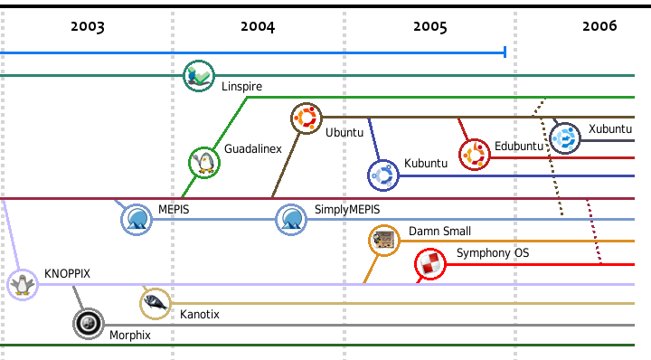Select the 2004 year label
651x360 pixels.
click(x=258, y=26)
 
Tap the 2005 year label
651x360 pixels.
click(x=430, y=26)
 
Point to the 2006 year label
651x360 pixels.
click(x=599, y=26)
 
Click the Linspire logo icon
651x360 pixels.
click(x=199, y=76)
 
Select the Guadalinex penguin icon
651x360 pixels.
click(x=204, y=162)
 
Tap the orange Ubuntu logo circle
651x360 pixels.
click(x=307, y=118)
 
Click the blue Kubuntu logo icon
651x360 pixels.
click(x=383, y=175)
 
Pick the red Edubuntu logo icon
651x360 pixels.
click(x=475, y=155)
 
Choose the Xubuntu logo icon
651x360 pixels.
click(x=566, y=138)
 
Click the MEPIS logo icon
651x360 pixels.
click(x=137, y=219)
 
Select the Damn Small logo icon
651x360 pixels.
click(x=384, y=241)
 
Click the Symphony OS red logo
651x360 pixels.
click(x=430, y=264)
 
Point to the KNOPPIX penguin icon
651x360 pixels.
click(x=23, y=285)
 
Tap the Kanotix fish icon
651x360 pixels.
click(x=156, y=303)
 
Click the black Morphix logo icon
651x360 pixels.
click(x=89, y=323)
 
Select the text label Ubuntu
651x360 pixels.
click(x=344, y=132)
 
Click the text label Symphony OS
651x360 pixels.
click(x=492, y=253)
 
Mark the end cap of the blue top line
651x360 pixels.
click(x=504, y=53)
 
